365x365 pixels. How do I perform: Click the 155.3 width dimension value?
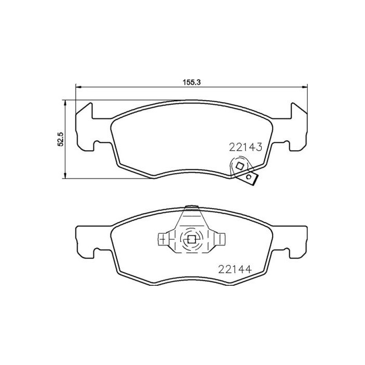(x=191, y=82)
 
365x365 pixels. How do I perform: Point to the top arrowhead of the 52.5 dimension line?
(x=65, y=103)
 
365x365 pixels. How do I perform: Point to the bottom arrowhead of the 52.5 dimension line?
(x=65, y=175)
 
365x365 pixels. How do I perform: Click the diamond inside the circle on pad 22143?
(x=239, y=166)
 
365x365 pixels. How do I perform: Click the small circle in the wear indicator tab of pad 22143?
(x=250, y=178)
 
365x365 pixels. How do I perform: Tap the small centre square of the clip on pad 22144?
(x=191, y=240)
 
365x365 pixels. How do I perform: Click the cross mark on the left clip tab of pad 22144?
(x=163, y=240)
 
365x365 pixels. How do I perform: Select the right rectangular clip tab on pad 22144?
(x=221, y=239)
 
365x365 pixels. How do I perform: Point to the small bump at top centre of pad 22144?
(x=191, y=206)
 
